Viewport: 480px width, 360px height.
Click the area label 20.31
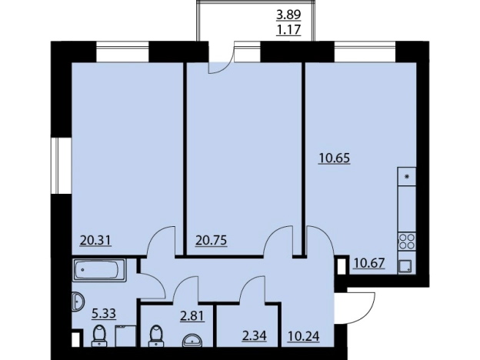[x=95, y=241]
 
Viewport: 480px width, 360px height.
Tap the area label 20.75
[x=212, y=241]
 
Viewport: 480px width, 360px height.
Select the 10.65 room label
[x=335, y=158]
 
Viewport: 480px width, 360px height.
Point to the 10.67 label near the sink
[x=369, y=263]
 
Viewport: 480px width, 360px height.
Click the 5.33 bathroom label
[x=104, y=314]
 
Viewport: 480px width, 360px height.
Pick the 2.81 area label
[x=192, y=315]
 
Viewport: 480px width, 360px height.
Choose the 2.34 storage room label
[x=254, y=336]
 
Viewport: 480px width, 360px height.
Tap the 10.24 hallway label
[x=303, y=336]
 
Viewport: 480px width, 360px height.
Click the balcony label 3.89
[x=288, y=15]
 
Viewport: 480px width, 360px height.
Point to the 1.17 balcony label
[x=288, y=30]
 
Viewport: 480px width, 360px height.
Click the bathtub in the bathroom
[x=99, y=270]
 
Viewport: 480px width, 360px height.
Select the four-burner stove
[x=407, y=242]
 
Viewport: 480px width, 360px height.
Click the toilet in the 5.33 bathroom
[x=99, y=336]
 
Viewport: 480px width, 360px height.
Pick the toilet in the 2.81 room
[x=156, y=336]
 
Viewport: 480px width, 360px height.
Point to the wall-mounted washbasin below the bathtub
[x=78, y=302]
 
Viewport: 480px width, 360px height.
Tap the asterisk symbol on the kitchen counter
[x=407, y=177]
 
